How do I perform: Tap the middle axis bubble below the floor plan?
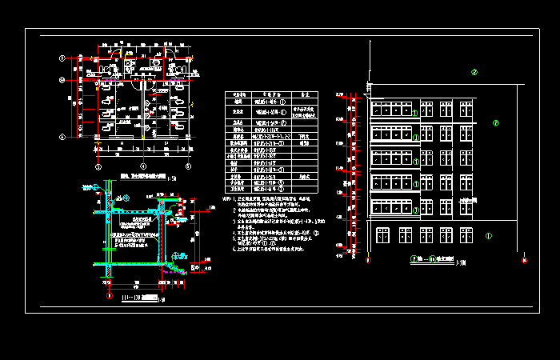click(142, 166)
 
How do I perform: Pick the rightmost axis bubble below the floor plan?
click(187, 166)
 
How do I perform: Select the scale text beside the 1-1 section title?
click(162, 300)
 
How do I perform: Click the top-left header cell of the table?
click(238, 94)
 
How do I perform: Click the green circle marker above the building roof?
click(474, 73)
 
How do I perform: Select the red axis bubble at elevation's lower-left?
click(368, 259)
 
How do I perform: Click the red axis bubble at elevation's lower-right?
click(525, 259)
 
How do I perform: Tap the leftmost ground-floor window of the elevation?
click(382, 234)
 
